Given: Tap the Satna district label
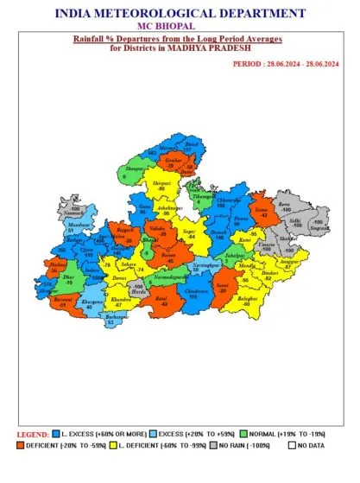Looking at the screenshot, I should pos(261,211).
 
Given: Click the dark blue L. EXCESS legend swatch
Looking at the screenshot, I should pos(55,432).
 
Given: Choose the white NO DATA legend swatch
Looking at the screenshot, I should pos(292,445).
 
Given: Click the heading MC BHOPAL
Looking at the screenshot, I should pos(180,26).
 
